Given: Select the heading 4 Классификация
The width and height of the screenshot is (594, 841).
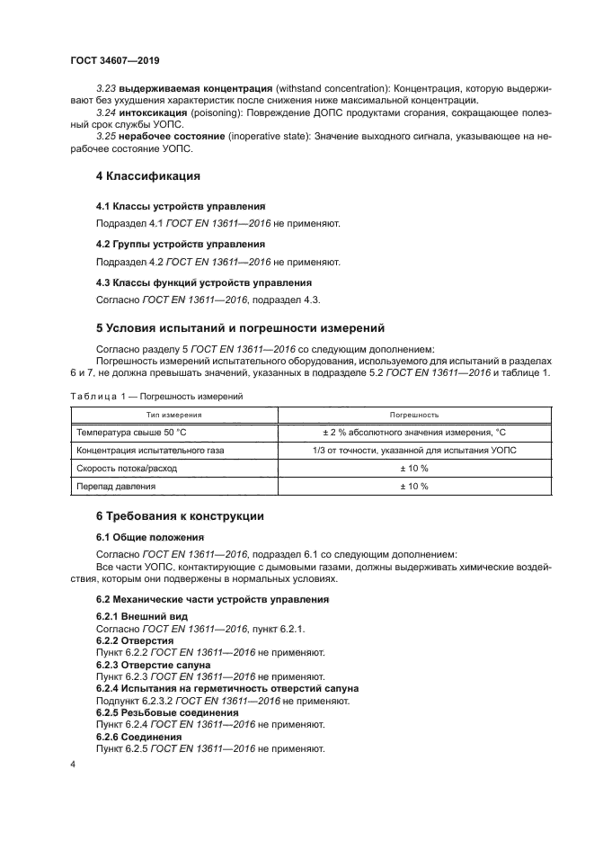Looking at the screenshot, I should click(147, 175).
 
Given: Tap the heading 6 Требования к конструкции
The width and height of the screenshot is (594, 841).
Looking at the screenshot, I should click(179, 515).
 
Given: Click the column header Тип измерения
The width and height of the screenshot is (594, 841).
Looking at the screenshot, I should click(173, 415).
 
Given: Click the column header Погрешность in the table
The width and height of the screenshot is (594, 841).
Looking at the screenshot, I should click(413, 415).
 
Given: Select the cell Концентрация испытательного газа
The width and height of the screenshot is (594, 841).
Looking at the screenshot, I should click(151, 451).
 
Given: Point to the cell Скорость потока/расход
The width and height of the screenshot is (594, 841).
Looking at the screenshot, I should click(128, 469).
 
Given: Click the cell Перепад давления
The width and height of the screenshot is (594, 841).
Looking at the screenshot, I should click(117, 487).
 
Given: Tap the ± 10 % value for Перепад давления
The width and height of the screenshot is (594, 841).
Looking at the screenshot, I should click(413, 487).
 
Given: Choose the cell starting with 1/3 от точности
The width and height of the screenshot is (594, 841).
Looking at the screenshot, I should click(413, 451).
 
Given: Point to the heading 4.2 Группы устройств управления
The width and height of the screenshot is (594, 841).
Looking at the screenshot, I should click(167, 244).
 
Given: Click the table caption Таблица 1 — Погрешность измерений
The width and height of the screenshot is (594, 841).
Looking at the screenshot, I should click(154, 396).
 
